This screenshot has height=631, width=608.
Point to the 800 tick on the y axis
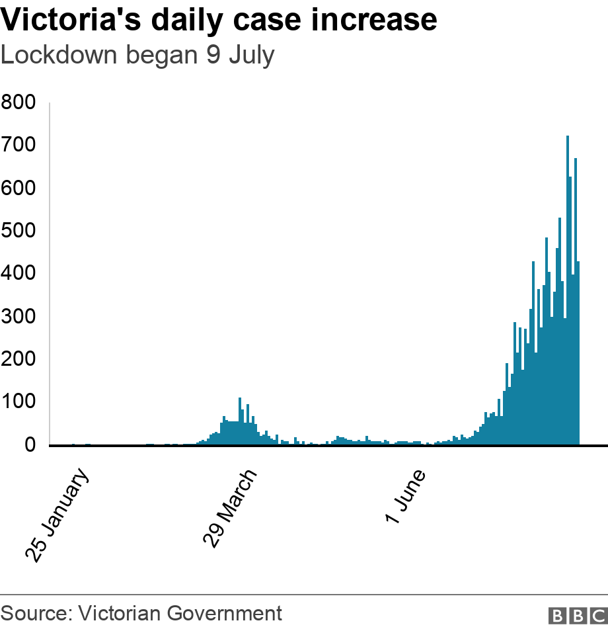pyautogui.click(x=18, y=103)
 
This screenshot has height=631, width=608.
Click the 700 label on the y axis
pyautogui.click(x=18, y=146)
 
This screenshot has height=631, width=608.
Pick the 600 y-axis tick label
pyautogui.click(x=18, y=189)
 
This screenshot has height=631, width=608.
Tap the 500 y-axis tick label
pyautogui.click(x=18, y=231)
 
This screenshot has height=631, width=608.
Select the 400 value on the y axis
pyautogui.click(x=18, y=274)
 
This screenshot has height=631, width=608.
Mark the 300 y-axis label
pyautogui.click(x=18, y=317)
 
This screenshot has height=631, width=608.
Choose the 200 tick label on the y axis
pyautogui.click(x=18, y=360)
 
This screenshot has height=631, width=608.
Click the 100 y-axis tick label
pyautogui.click(x=18, y=402)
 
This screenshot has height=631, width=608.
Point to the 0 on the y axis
pyautogui.click(x=30, y=445)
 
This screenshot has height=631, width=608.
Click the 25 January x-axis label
pyautogui.click(x=57, y=515)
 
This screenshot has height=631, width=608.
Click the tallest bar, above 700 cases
pyautogui.click(x=568, y=291)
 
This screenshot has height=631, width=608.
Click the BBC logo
pyautogui.click(x=577, y=616)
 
